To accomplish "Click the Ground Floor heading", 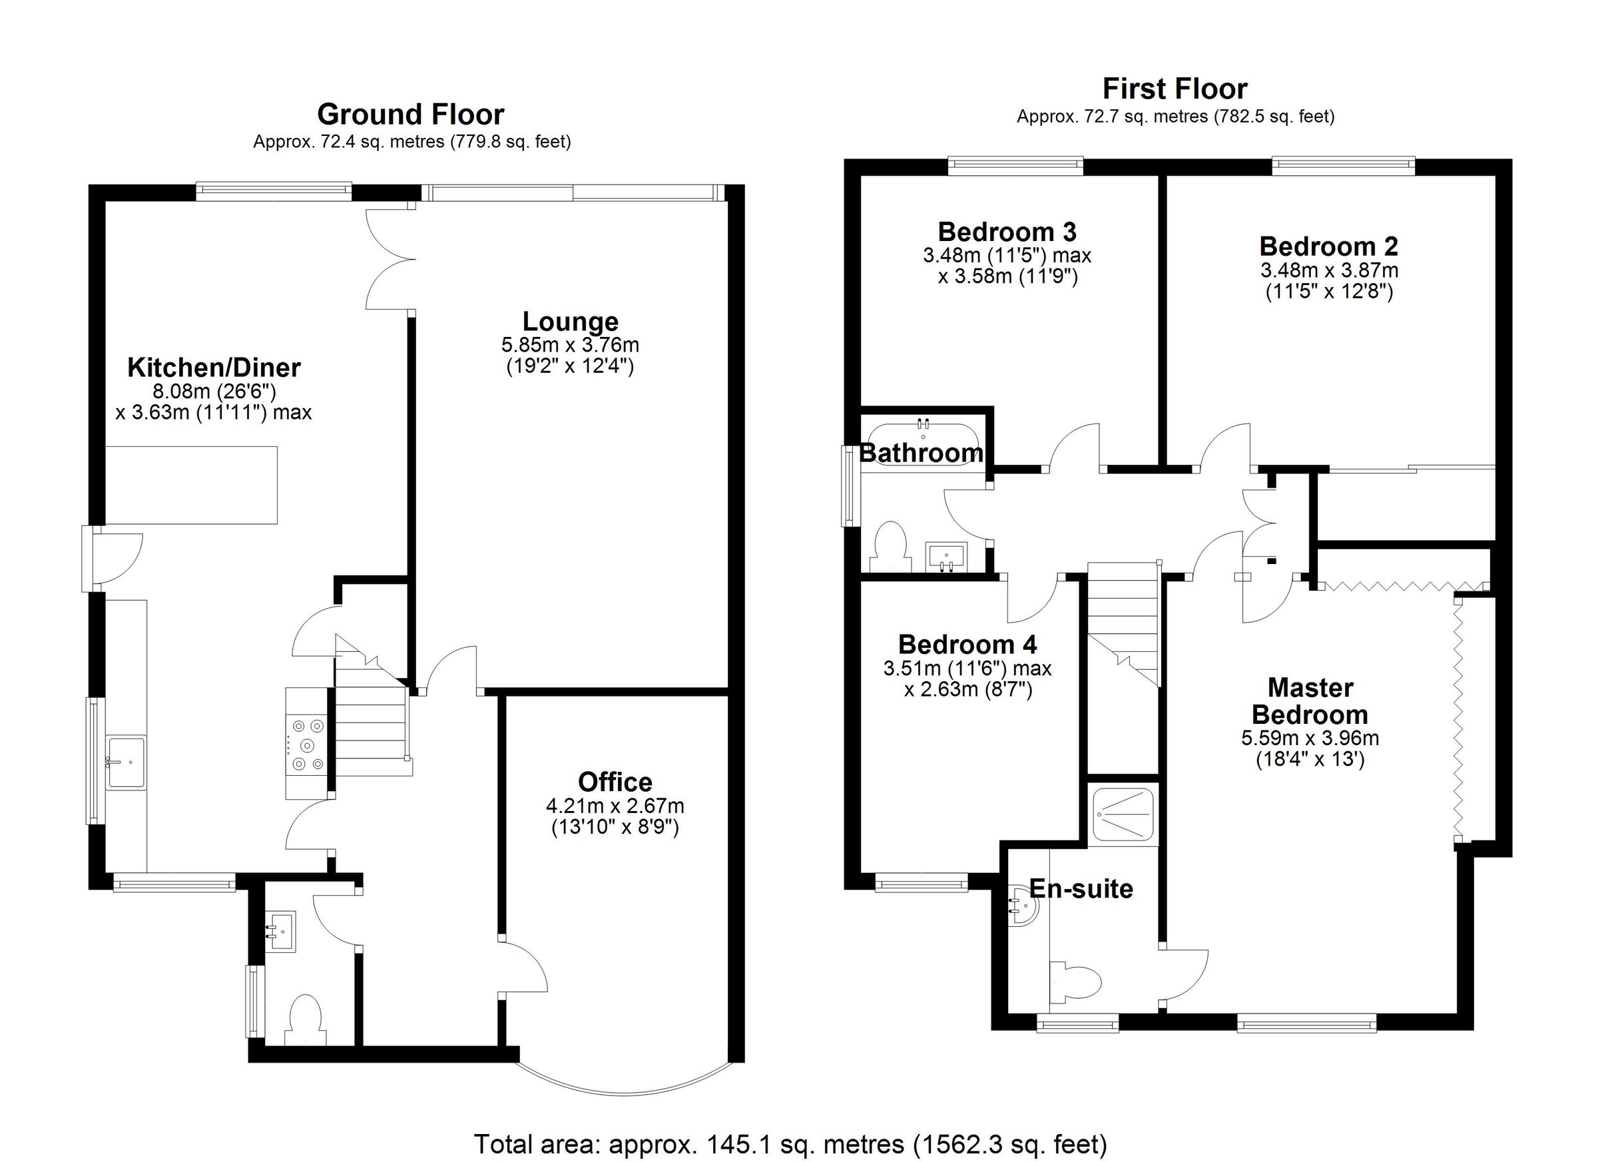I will [x=410, y=114].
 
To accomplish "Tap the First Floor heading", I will [x=1175, y=89].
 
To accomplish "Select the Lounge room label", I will [x=570, y=322].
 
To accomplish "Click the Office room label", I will [x=615, y=782].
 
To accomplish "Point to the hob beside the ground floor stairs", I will [x=308, y=744].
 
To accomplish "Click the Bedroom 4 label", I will [x=967, y=644].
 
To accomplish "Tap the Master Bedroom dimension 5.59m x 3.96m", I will [x=1309, y=738].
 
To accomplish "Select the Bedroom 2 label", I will [x=1328, y=246].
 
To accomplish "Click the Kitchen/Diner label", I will [x=214, y=367].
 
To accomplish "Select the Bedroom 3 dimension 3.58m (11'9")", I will [x=1007, y=276].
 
